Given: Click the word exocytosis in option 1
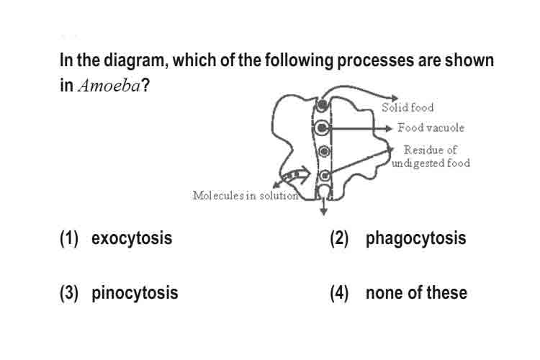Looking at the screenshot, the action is (132, 238).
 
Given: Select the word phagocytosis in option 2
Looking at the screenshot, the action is (415, 238).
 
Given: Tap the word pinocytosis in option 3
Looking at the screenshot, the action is (135, 293).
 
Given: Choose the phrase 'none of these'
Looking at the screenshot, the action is (416, 293).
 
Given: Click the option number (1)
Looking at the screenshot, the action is (69, 238).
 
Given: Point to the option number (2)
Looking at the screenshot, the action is (339, 238).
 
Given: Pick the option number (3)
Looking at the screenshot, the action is (69, 293).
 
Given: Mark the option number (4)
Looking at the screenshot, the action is (339, 293).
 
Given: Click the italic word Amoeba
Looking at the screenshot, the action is (109, 86).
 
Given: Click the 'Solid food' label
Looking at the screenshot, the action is (408, 107).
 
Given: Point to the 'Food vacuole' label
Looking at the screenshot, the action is (431, 127).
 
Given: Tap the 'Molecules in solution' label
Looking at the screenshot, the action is (246, 195).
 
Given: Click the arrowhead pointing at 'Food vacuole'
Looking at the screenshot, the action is (389, 128).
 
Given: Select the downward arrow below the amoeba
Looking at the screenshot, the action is (323, 206).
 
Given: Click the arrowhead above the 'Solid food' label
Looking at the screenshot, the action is (395, 99).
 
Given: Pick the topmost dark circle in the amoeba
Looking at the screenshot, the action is (322, 104).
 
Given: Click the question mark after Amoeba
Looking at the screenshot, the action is (145, 85).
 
